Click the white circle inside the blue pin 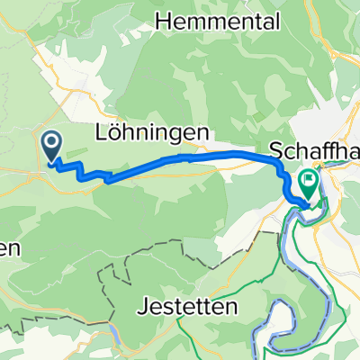(x=52, y=141)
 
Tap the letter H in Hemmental (x=162, y=20)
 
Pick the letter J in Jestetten (x=147, y=307)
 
